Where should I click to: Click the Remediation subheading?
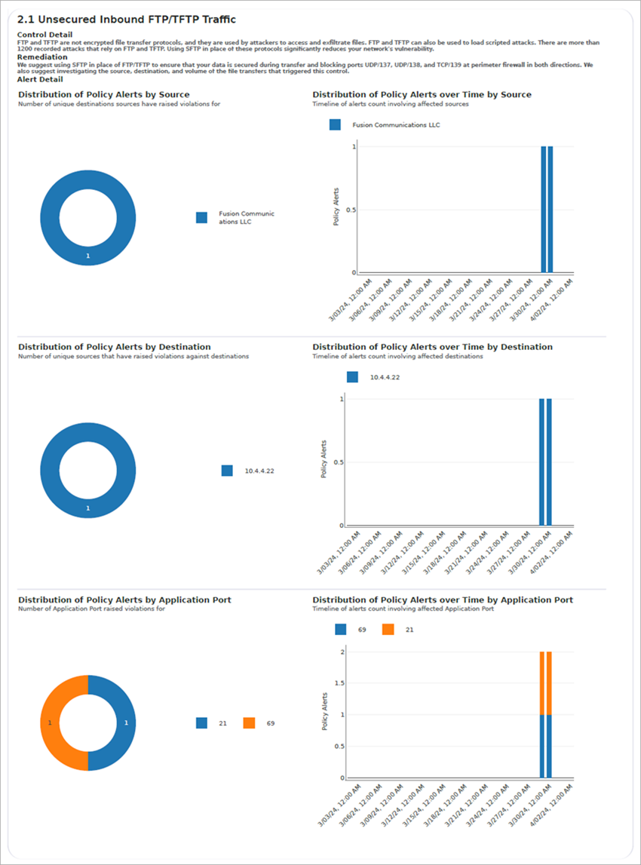click(x=42, y=57)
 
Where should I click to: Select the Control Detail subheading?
click(x=44, y=34)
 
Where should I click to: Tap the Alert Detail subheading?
click(x=40, y=79)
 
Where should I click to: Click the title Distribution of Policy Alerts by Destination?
click(x=114, y=347)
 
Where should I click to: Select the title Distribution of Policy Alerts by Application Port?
click(x=124, y=600)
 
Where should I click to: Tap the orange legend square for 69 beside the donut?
click(x=249, y=722)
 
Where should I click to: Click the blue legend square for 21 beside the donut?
click(x=201, y=722)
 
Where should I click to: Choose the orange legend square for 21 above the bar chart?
click(x=388, y=629)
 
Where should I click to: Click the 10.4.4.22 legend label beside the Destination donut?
click(x=259, y=471)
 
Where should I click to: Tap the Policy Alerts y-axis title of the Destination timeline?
click(x=325, y=459)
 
